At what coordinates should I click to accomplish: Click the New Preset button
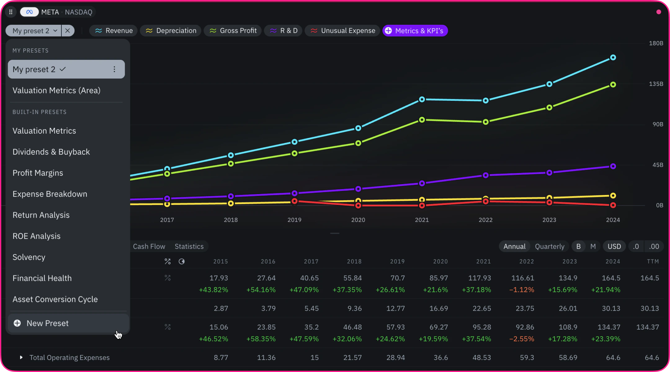(68, 323)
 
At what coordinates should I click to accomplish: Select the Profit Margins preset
(38, 173)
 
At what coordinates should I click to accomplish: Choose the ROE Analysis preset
(37, 236)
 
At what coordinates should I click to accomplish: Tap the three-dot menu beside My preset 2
(114, 69)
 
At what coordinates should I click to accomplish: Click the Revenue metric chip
(114, 31)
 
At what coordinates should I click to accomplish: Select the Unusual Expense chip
(342, 31)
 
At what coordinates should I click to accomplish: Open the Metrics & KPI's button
(415, 31)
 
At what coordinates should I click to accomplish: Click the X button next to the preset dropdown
(68, 31)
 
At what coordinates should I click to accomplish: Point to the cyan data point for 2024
(613, 57)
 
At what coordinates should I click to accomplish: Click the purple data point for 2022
(486, 175)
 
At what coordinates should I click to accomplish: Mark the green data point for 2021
(422, 120)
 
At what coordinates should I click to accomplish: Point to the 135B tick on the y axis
(656, 84)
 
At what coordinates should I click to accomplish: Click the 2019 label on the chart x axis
(294, 220)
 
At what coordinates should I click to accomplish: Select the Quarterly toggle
(550, 246)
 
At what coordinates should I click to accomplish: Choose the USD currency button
(614, 246)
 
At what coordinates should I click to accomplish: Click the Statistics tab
(189, 246)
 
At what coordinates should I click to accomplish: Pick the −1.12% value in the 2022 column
(522, 290)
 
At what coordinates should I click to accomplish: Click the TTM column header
(653, 262)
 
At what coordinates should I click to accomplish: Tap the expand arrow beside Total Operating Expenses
(21, 357)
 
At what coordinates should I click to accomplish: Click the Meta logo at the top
(29, 12)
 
